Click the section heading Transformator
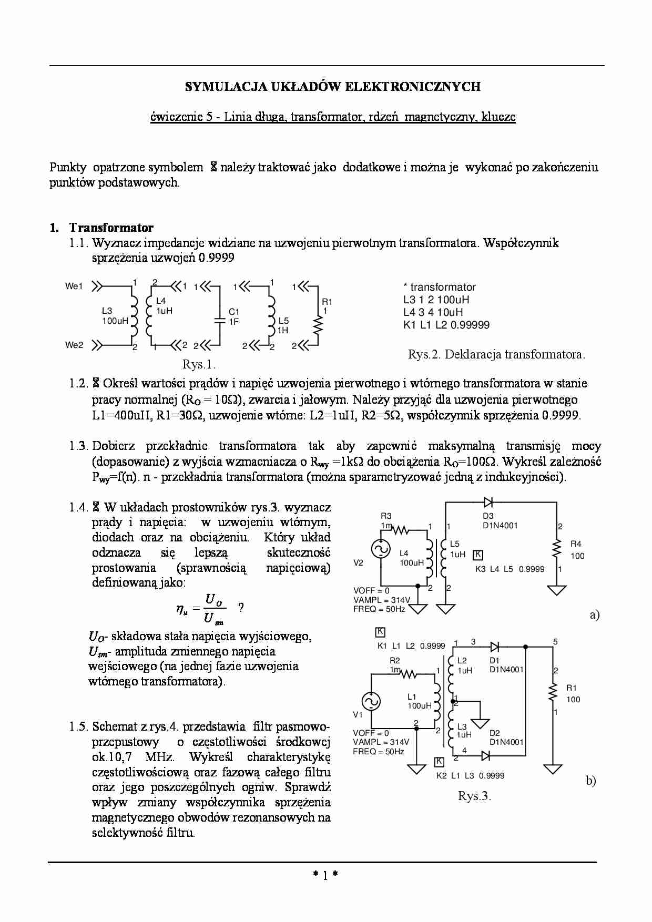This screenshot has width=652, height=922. (111, 228)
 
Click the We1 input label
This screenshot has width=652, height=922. (74, 286)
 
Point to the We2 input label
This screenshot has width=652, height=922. (74, 345)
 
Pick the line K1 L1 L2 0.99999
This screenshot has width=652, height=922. (446, 325)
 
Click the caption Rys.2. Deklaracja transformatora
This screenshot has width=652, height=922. (496, 354)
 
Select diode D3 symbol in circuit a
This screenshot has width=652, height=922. (488, 502)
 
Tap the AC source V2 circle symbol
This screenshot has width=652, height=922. (380, 549)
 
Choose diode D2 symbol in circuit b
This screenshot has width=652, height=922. (486, 755)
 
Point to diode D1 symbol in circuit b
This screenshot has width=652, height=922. (494, 646)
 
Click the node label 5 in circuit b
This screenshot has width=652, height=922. (556, 641)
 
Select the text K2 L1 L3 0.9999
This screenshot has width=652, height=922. (470, 775)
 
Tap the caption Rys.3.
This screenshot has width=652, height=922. (474, 796)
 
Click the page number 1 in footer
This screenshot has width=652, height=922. (325, 875)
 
